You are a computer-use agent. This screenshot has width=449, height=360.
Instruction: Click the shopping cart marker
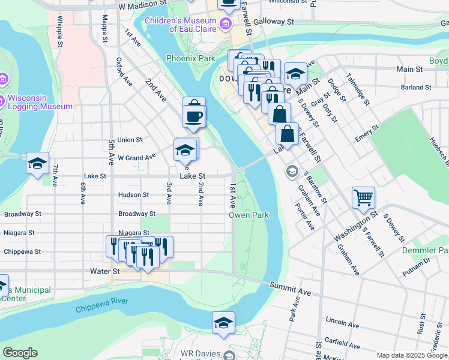tap(363, 197)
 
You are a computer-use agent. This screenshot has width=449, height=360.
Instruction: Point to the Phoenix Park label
tap(190, 59)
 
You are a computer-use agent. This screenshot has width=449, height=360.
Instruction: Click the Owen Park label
tap(249, 215)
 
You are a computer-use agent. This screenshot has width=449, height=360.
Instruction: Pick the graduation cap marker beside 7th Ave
tap(38, 163)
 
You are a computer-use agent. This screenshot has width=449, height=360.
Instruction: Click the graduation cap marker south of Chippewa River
tap(223, 323)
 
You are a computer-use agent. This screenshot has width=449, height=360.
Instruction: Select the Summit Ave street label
tap(290, 289)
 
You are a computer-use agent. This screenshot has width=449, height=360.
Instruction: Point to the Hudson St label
tap(133, 195)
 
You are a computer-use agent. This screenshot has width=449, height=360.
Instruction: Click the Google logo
tap(20, 353)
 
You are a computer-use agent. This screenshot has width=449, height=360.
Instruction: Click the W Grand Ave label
tap(136, 157)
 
